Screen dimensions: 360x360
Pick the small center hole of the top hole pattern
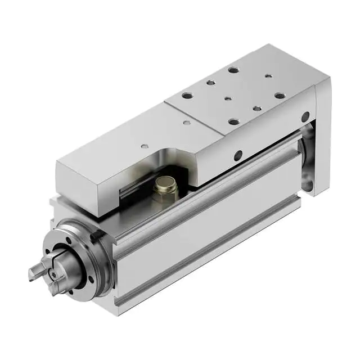click(228, 99)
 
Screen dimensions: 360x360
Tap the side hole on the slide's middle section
click(238, 154)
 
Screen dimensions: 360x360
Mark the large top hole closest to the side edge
click(232, 120)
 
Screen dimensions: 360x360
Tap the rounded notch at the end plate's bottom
click(308, 183)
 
